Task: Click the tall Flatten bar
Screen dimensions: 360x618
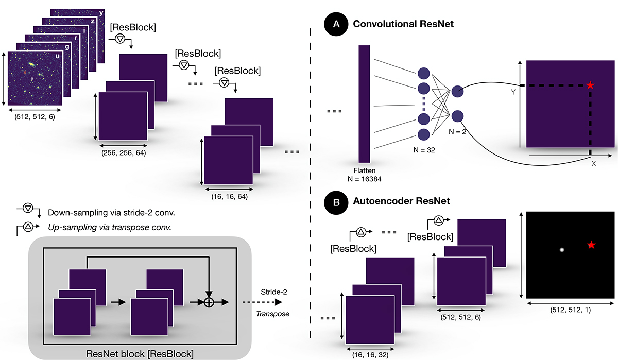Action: pyautogui.click(x=365, y=104)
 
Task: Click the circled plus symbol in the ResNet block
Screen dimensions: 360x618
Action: pyautogui.click(x=209, y=302)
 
